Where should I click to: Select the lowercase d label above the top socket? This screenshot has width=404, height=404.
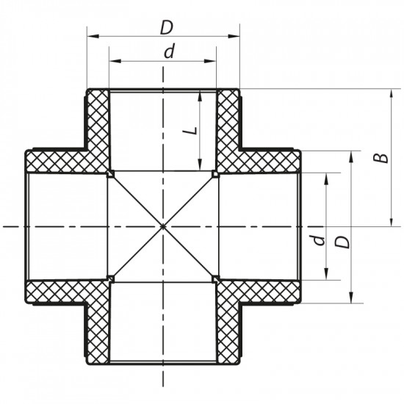[x=169, y=53]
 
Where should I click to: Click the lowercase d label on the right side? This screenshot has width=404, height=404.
[x=314, y=239]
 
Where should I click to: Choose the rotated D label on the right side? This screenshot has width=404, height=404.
[x=340, y=242]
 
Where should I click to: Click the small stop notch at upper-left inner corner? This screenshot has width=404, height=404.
[x=109, y=174]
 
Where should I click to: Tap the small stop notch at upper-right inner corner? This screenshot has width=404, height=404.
[x=214, y=174]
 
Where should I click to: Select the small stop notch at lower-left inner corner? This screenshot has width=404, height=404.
[x=109, y=278]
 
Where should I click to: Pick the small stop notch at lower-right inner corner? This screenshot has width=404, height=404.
[x=214, y=278]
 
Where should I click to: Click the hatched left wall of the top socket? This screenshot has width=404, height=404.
[x=98, y=125]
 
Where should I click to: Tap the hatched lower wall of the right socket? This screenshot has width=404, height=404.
[x=264, y=292]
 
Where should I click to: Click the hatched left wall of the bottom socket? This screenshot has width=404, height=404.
[x=98, y=331]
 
